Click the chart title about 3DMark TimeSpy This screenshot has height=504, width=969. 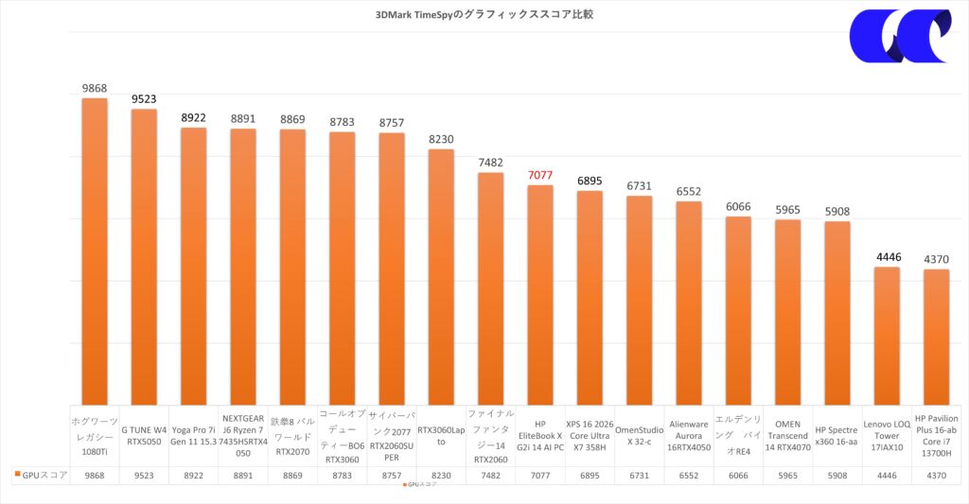click(484, 15)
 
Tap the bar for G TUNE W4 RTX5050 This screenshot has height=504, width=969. click(144, 255)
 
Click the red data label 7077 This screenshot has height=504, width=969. click(540, 176)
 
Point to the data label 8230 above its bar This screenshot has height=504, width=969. click(441, 139)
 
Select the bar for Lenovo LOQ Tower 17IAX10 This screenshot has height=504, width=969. click(887, 335)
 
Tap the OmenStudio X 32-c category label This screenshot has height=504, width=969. click(639, 435)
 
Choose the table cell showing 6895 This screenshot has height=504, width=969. click(590, 475)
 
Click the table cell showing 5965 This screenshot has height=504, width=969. click(787, 475)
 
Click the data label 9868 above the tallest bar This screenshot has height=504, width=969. click(95, 88)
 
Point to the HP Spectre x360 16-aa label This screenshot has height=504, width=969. click(837, 435)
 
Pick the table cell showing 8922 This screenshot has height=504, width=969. click(193, 475)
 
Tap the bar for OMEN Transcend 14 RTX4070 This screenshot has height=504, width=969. click(787, 312)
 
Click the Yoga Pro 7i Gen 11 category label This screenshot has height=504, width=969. click(193, 435)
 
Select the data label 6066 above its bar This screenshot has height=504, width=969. click(738, 206)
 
